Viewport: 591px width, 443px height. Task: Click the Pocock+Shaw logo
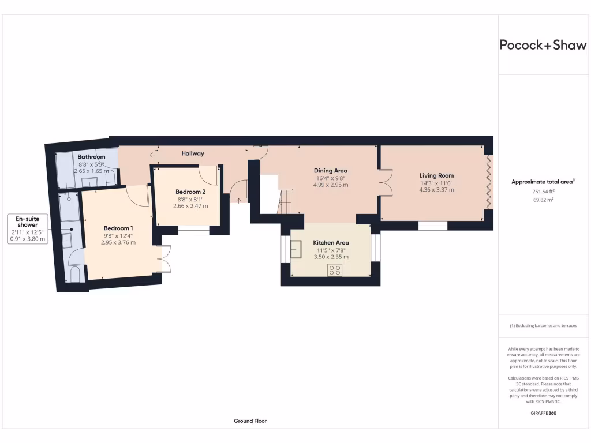pos(543,46)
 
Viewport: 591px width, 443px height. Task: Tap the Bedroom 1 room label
pos(118,228)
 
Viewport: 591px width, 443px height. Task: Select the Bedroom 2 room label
pos(190,192)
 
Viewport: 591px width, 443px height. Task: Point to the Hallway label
pos(193,153)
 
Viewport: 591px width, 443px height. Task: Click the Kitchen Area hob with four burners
pos(335,269)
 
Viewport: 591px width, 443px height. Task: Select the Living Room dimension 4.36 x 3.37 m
pos(436,190)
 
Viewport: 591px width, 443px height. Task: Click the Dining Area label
pos(331,171)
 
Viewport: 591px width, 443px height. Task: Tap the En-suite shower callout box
pos(27,228)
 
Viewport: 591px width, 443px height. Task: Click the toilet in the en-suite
pos(73,275)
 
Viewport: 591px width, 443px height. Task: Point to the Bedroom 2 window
pos(193,231)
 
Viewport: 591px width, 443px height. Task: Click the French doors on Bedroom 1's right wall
pos(163,259)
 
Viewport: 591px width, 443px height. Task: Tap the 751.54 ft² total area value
pos(543,191)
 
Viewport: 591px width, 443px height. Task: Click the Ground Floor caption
pos(250,421)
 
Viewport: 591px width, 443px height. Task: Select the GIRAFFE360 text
pos(543,414)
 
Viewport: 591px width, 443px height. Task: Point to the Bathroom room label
pos(91,157)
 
